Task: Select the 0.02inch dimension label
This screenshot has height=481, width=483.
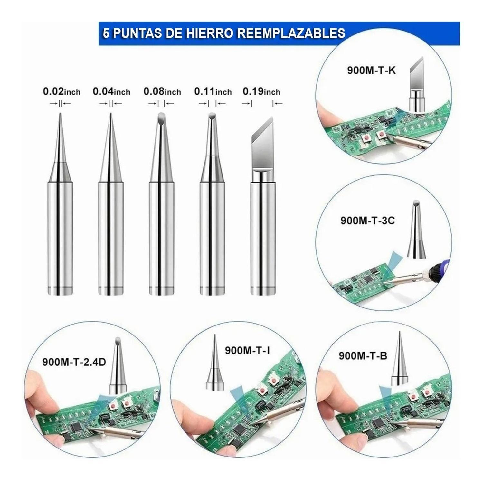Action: (x=62, y=92)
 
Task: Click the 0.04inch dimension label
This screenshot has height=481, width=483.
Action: (x=111, y=92)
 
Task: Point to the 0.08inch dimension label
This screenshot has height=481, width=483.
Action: (x=162, y=92)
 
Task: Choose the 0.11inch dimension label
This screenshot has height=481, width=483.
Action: (x=213, y=92)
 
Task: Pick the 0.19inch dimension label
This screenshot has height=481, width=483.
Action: (x=261, y=92)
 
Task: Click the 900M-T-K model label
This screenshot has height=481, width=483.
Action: (x=371, y=70)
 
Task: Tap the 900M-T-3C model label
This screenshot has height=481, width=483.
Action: (x=367, y=221)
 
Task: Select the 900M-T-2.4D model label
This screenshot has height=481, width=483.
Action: (x=74, y=362)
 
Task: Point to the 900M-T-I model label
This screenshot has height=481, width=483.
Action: (x=247, y=350)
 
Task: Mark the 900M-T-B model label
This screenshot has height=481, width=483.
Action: (x=363, y=356)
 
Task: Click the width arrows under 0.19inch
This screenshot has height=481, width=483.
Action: (x=262, y=104)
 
